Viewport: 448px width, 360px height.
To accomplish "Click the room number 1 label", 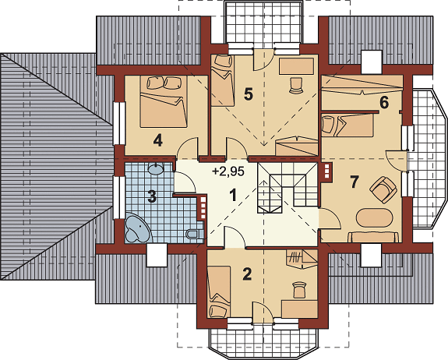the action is point(234,196).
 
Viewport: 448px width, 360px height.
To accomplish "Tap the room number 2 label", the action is point(247,274).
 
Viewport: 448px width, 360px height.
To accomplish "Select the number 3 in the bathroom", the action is point(152,197).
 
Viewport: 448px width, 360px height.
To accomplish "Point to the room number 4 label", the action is point(157,140).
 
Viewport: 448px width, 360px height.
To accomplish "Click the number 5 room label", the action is point(249,94).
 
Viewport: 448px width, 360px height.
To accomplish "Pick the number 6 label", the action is point(384,103).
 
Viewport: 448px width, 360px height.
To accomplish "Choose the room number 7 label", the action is point(354,182).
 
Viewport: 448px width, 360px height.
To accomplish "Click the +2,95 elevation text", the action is point(228,171).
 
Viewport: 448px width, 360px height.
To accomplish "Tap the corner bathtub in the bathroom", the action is point(137,228).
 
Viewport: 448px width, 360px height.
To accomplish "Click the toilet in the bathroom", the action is point(195,235).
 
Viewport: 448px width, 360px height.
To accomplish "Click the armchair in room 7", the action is point(383,189).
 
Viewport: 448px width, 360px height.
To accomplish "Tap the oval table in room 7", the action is point(374,218).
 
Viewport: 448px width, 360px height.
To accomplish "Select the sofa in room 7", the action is point(373,237).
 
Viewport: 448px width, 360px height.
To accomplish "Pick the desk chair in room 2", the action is point(299,289).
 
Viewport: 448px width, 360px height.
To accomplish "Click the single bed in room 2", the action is point(219,292).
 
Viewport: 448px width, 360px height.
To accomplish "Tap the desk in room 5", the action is point(297,66).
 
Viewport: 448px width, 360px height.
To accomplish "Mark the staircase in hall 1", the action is point(287,188).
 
